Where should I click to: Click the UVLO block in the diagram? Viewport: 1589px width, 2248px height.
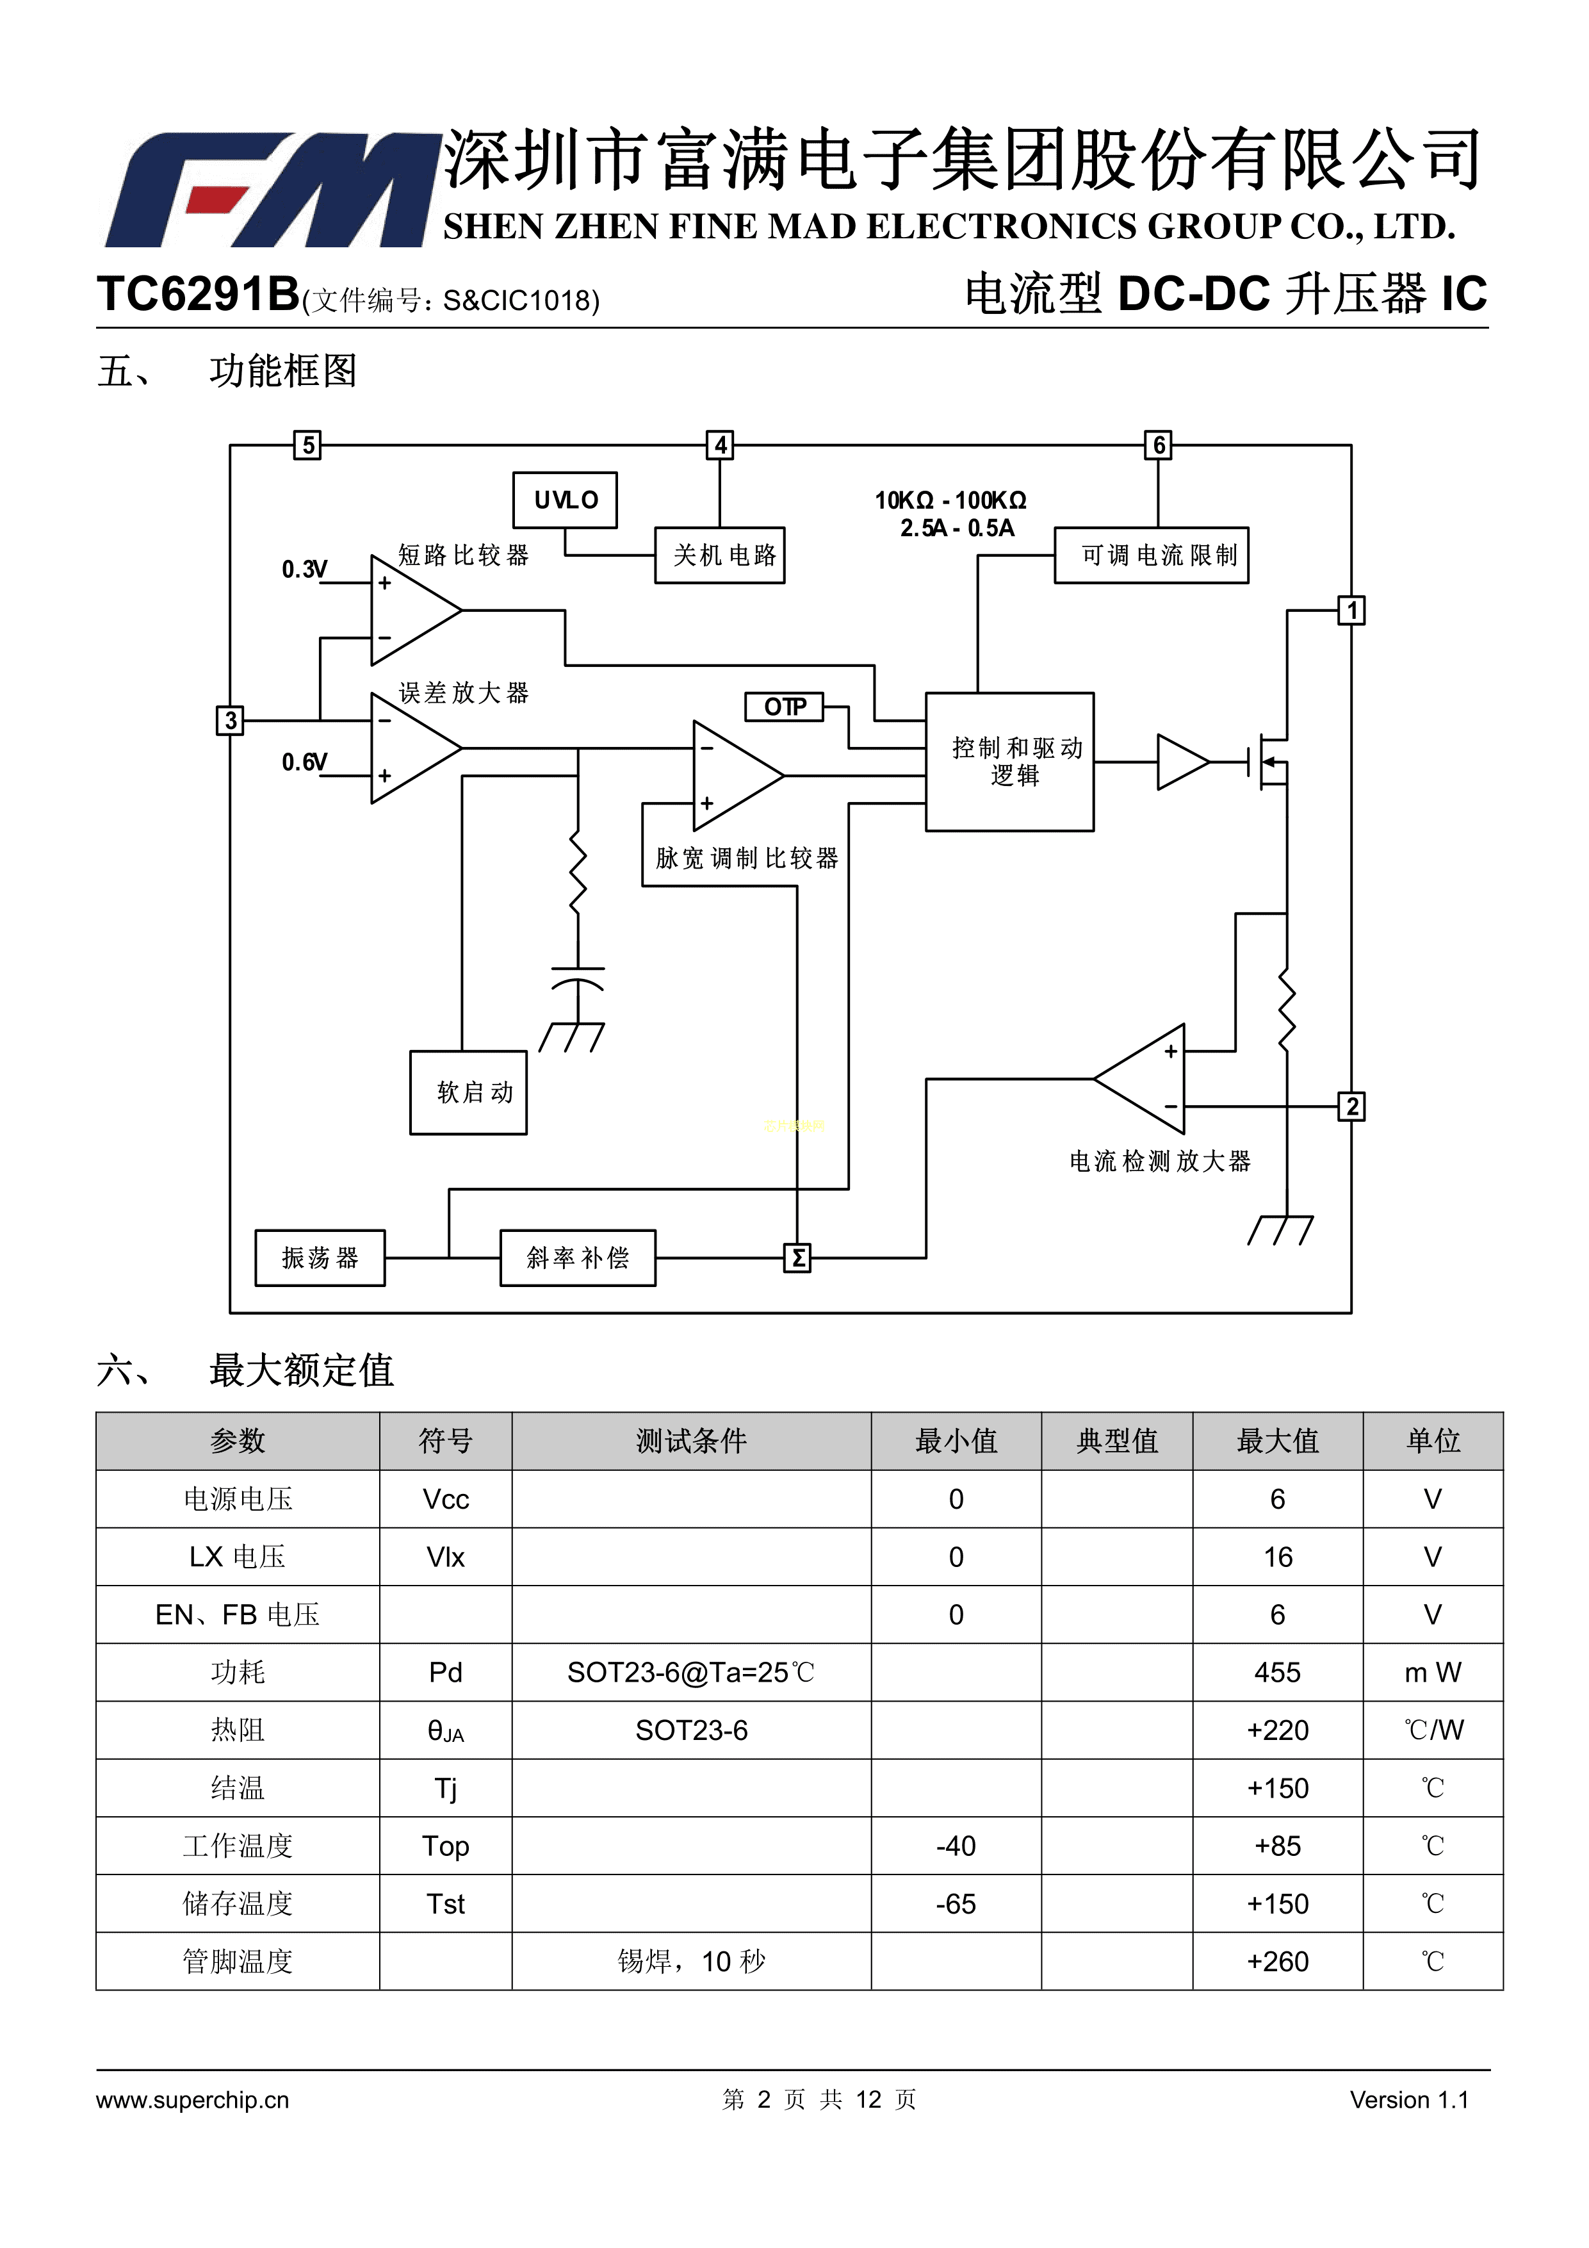[565, 500]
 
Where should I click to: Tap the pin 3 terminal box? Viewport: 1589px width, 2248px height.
[229, 721]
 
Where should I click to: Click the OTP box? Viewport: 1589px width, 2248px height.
[784, 707]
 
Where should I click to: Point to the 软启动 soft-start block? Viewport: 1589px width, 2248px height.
[468, 1093]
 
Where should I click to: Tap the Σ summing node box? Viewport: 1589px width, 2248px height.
[798, 1258]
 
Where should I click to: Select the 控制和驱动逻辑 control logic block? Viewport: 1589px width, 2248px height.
[1009, 762]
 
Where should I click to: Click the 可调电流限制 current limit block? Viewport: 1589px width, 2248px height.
[1152, 555]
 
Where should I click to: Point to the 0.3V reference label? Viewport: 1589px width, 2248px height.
[304, 570]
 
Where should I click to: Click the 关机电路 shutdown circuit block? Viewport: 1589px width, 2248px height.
[720, 555]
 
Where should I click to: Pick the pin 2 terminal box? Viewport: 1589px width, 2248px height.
[1351, 1106]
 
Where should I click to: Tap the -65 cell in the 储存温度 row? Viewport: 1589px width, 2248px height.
[956, 1903]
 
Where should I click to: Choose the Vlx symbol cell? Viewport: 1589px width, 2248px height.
[446, 1557]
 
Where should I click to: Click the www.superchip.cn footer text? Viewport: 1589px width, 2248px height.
[193, 2099]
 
